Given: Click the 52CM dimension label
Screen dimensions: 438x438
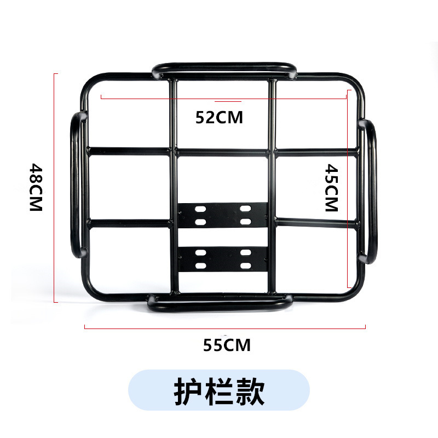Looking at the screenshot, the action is [219, 117].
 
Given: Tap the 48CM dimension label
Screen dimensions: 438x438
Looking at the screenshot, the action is [36, 188].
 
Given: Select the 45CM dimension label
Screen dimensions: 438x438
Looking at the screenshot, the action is [331, 188].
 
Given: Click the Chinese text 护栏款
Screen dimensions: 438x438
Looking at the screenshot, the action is [219, 390].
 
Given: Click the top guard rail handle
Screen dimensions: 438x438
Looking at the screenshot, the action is [224, 68].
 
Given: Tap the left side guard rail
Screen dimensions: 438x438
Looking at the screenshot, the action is [76, 185].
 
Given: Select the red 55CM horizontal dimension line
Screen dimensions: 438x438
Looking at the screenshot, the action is [224, 327].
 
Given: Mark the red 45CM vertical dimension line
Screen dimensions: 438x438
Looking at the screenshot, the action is [348, 189].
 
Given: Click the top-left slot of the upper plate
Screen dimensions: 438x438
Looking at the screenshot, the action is [200, 209].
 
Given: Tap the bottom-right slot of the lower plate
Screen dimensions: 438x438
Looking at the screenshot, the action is [245, 265].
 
